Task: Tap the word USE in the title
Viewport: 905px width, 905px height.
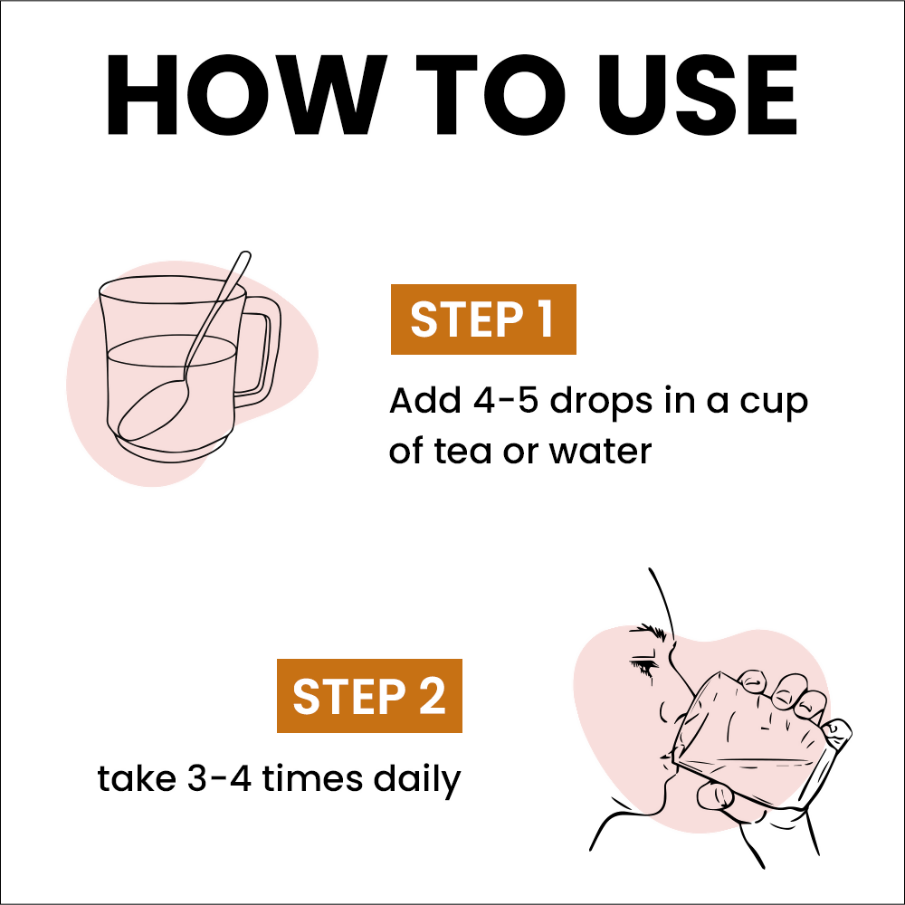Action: pyautogui.click(x=697, y=95)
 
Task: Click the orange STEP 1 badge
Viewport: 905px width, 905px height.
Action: pyautogui.click(x=483, y=319)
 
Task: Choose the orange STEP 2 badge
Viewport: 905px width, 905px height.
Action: pyautogui.click(x=369, y=695)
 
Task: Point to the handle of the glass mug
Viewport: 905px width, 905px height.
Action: pyautogui.click(x=262, y=352)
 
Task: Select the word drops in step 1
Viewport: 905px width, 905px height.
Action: pyautogui.click(x=601, y=403)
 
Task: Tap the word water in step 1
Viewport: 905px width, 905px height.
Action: pyautogui.click(x=600, y=451)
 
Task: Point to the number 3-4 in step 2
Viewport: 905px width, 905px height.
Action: pyautogui.click(x=219, y=778)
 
